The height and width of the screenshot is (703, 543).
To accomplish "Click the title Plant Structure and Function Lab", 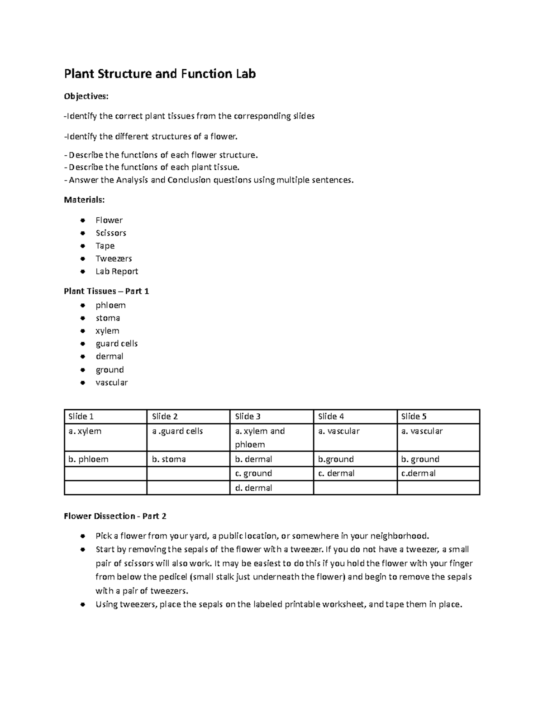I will click(x=160, y=74).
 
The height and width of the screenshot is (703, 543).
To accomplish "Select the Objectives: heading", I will click(x=86, y=96).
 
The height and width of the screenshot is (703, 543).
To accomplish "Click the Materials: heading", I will click(x=84, y=200).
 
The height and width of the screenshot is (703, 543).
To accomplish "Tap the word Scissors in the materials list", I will click(x=111, y=233).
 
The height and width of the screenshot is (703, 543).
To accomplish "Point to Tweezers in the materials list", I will click(x=114, y=258).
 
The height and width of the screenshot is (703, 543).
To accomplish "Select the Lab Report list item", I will click(x=117, y=272).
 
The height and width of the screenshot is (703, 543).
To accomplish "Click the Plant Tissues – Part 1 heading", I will click(x=106, y=291).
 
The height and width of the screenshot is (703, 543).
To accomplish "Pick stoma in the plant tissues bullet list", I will click(x=108, y=318).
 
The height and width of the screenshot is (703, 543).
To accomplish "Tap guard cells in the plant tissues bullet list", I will click(x=117, y=344).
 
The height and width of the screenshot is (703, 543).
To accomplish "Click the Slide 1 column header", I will click(x=81, y=416).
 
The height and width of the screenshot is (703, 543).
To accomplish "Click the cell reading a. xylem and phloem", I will click(x=260, y=438).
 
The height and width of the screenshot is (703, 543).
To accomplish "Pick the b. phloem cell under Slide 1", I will click(x=88, y=459).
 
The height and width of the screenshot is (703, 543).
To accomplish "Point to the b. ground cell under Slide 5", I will click(x=420, y=459).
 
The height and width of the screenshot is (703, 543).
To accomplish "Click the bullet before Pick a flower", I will click(x=82, y=536).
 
